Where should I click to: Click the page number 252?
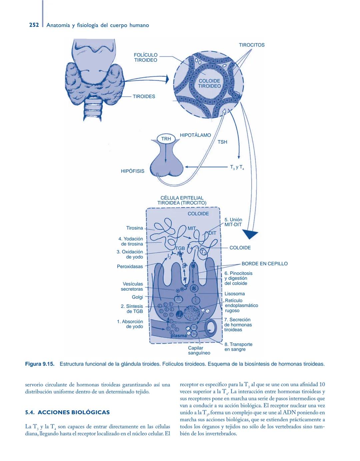coord(34,25)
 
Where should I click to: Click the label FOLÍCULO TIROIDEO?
coord(146,58)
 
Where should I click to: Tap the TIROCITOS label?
coord(252,45)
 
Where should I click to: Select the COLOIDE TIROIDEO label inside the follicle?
coord(209,83)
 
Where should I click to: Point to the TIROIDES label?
coord(144,96)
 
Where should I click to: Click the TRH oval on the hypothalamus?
coord(166,139)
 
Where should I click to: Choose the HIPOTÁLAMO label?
coord(195,135)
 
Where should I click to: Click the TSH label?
coord(222,142)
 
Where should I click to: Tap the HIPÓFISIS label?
coord(132,171)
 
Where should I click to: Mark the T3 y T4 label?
coord(237,167)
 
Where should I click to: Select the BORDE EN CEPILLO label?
coord(264,264)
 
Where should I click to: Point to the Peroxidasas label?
coord(130,266)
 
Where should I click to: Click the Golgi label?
coord(137,297)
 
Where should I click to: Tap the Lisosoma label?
coord(235,294)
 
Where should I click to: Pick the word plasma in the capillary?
coord(179,336)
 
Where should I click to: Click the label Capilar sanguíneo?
coord(199,350)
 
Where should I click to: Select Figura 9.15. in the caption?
coord(40,364)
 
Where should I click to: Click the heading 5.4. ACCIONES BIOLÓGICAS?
coord(67,412)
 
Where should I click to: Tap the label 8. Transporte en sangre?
coord(238,347)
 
